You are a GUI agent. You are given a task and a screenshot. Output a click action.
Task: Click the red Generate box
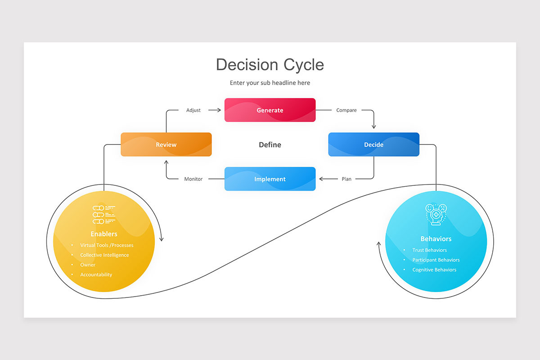click(x=270, y=110)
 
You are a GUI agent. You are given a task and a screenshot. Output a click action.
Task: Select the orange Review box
click(x=166, y=144)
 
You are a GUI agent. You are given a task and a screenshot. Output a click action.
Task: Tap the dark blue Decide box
click(x=373, y=144)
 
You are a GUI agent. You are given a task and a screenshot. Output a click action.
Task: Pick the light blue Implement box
click(x=270, y=179)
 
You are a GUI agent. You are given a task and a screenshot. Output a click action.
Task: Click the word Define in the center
click(x=270, y=145)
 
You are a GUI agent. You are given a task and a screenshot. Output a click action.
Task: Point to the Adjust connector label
click(x=193, y=110)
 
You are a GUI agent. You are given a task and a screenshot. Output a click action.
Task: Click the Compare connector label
click(x=346, y=110)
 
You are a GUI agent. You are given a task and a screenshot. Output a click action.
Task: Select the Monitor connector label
click(x=193, y=179)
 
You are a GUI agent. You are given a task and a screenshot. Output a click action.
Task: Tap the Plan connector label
click(x=346, y=179)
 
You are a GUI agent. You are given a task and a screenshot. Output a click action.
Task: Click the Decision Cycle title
click(x=270, y=65)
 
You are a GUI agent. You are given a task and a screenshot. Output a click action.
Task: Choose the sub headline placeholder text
click(x=270, y=83)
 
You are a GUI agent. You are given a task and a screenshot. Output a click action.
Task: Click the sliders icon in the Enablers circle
click(x=104, y=215)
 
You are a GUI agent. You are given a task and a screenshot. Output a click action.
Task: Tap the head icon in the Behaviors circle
click(x=436, y=215)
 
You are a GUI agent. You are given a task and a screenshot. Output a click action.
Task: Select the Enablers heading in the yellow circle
click(x=104, y=234)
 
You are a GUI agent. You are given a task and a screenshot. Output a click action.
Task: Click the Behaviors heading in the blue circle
click(x=436, y=238)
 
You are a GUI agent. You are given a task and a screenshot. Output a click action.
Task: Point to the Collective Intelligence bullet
click(x=104, y=255)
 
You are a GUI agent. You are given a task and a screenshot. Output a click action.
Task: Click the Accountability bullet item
click(x=96, y=274)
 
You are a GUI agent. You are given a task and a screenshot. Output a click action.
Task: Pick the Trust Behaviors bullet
click(x=429, y=250)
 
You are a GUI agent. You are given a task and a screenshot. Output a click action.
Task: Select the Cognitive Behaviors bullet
click(x=434, y=270)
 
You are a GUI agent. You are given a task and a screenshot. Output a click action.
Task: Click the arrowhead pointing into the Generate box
click(x=219, y=110)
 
